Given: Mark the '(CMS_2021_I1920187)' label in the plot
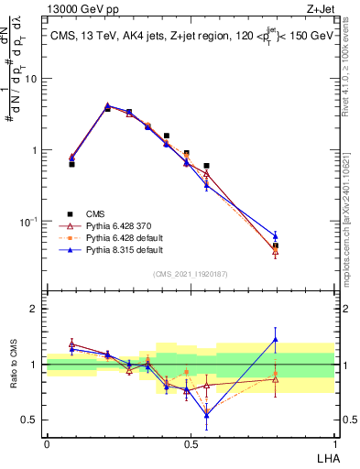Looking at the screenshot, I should pos(191,273).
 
